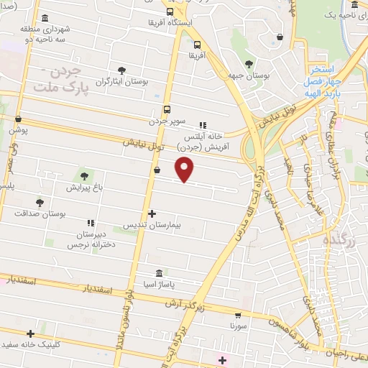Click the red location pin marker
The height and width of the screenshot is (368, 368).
[185, 170]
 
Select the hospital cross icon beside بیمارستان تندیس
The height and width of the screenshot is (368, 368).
[152, 213]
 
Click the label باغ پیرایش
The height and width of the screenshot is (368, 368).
[85, 188]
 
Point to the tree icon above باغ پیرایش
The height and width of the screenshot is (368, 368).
[85, 175]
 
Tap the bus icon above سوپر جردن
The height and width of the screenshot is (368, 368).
[167, 110]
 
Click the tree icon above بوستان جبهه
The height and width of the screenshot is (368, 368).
[249, 63]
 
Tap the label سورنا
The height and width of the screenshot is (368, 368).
[239, 326]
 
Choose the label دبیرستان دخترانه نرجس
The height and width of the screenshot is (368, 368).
[91, 240]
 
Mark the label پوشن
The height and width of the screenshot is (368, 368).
[18, 131]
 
